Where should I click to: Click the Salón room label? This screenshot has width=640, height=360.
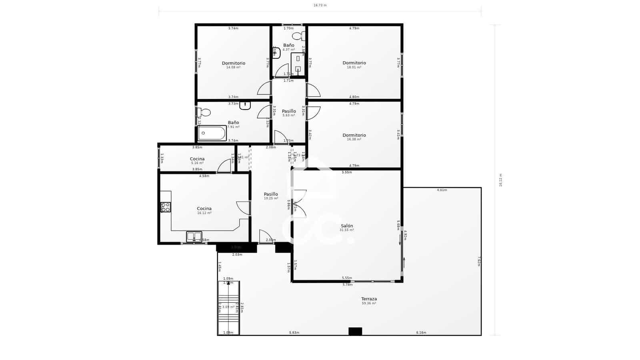[347, 226]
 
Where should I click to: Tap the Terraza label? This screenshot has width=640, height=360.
[369, 299]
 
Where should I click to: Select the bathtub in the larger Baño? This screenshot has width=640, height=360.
[212, 133]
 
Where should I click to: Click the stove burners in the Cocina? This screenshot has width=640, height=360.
[165, 207]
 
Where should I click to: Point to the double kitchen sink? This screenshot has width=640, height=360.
[194, 237]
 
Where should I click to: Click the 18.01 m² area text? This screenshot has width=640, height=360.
[354, 68]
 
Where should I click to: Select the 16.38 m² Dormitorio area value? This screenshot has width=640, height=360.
[354, 140]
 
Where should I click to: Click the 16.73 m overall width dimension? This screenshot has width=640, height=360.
[320, 6]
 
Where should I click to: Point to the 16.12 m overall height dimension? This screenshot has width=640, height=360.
[500, 180]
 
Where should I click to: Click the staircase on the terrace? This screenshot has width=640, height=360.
[228, 307]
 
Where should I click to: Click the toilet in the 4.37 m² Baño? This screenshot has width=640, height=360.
[298, 36]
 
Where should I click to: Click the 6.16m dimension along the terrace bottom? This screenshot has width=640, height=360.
[421, 333]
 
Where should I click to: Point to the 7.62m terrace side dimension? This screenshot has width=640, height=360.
[479, 261]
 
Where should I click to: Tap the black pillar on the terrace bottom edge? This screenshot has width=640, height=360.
[355, 332]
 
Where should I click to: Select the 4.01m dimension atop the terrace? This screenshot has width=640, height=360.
[442, 190]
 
